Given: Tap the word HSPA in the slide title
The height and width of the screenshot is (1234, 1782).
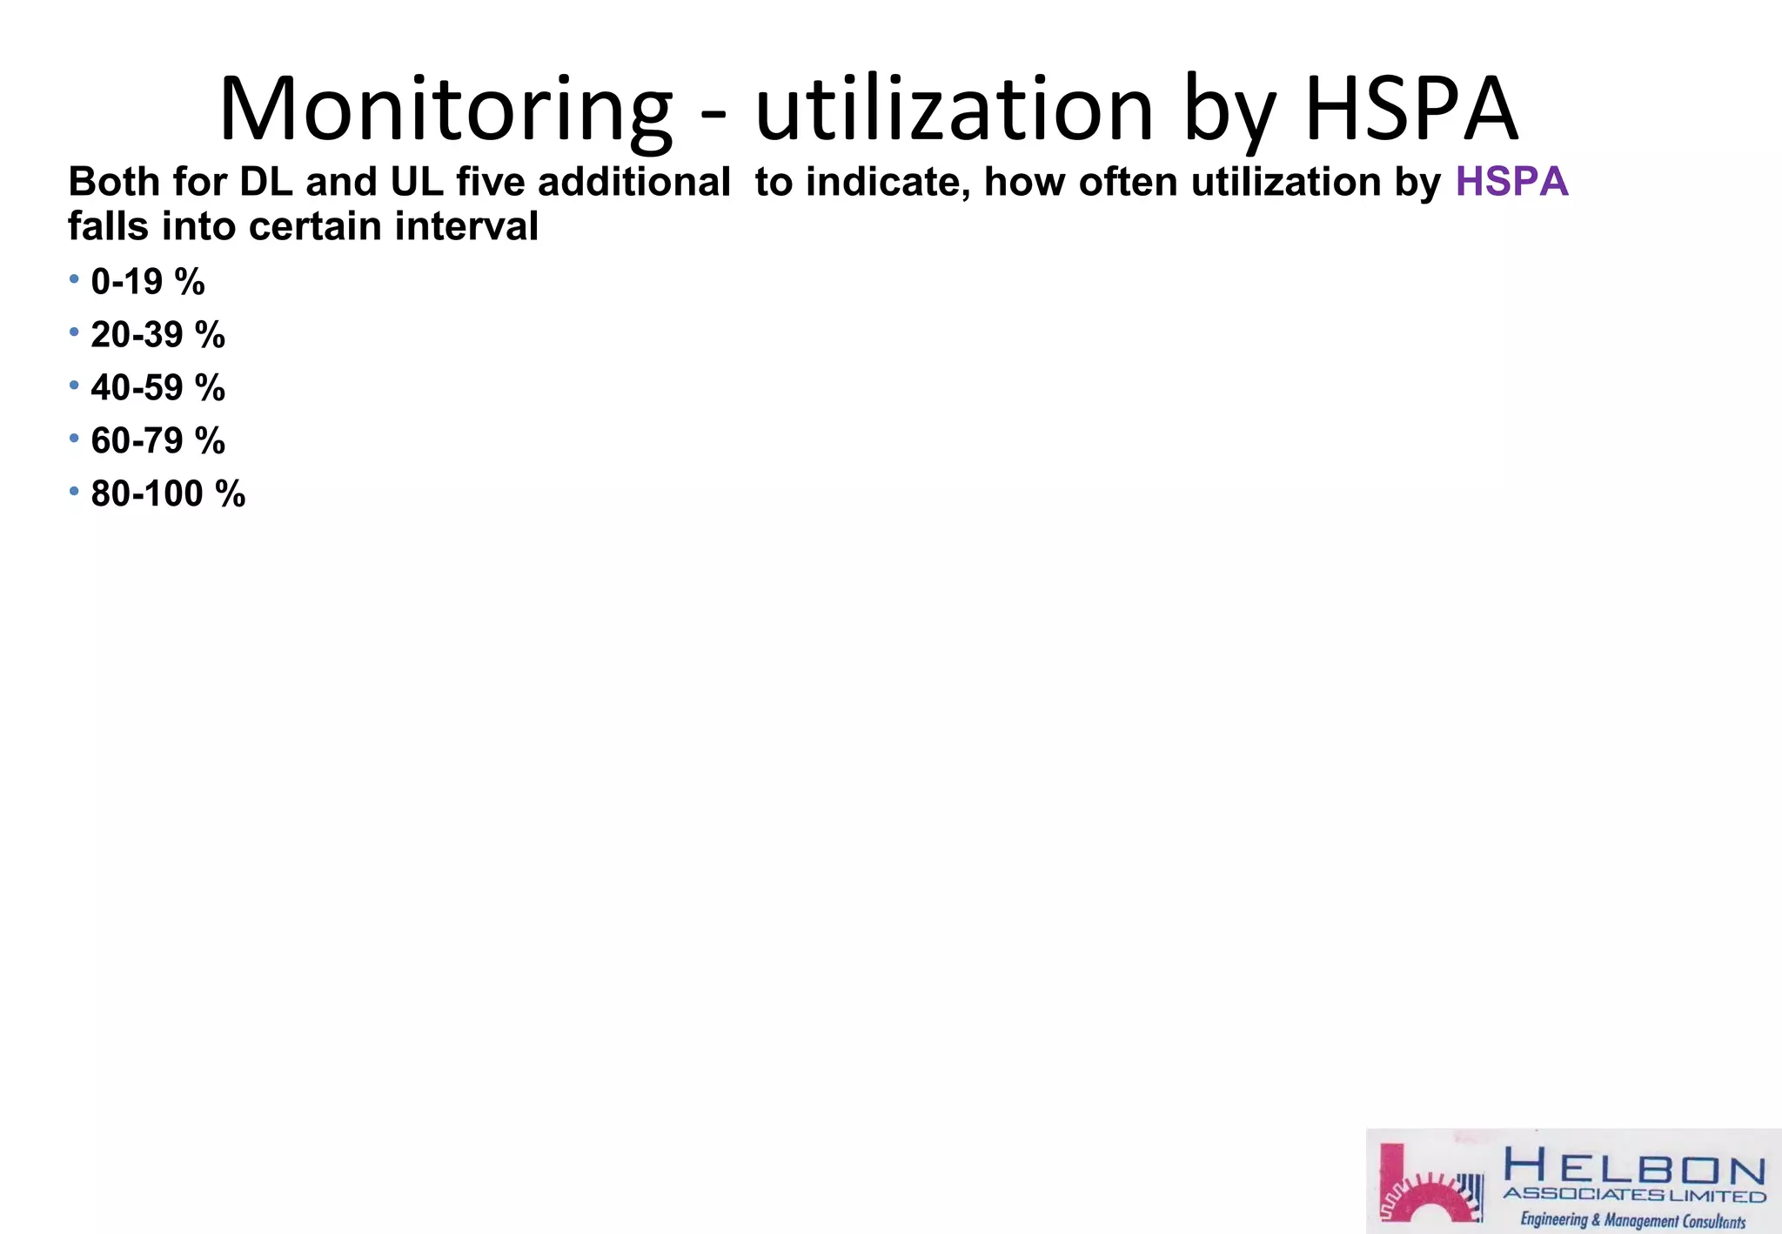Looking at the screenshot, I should [1411, 110].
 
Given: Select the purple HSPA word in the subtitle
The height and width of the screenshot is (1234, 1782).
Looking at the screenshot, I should [1511, 182].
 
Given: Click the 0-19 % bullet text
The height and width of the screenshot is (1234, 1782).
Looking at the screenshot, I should [148, 282].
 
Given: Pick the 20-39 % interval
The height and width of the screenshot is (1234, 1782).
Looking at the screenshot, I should [158, 335].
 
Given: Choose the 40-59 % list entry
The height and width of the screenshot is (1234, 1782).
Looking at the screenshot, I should [158, 388].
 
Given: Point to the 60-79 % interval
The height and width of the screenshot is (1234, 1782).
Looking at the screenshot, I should [158, 441].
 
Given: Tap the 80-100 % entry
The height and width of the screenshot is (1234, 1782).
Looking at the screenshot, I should [168, 494].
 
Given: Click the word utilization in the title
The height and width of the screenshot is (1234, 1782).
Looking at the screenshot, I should [955, 110].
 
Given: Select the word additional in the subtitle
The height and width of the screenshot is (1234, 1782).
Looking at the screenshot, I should [634, 182].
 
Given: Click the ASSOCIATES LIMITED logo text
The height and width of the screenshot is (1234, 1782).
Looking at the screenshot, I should [1634, 1196].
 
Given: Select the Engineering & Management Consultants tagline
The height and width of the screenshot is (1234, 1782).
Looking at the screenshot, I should [1632, 1220].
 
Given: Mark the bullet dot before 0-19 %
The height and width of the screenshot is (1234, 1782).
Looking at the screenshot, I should [74, 279].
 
